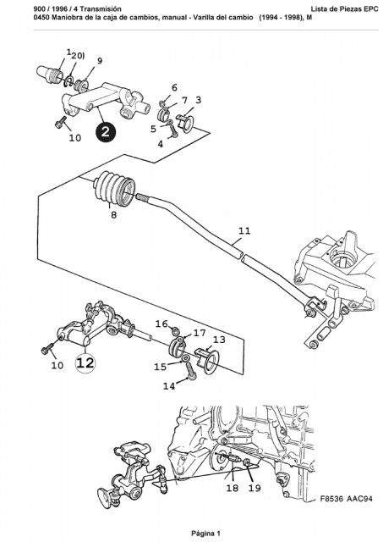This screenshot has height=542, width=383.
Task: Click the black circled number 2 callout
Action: click(x=106, y=132)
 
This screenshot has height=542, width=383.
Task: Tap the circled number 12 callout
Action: click(x=85, y=363)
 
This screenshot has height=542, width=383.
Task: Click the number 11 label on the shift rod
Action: click(x=244, y=230)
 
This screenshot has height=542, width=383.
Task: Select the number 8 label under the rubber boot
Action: click(x=113, y=214)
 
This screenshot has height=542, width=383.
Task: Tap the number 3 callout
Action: click(x=198, y=100)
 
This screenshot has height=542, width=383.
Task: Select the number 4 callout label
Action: click(x=161, y=144)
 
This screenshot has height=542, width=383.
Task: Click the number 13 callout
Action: click(x=219, y=340)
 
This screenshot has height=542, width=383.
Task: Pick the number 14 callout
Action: click(x=169, y=386)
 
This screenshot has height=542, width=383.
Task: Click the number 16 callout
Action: click(x=161, y=324)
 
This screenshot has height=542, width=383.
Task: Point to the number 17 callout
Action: click(x=200, y=333)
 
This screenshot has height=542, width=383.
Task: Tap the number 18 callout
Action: click(x=233, y=488)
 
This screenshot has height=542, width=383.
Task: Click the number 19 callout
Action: click(x=254, y=488)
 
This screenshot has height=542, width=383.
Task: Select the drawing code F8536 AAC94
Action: click(x=346, y=499)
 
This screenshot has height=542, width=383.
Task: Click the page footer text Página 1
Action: click(x=205, y=534)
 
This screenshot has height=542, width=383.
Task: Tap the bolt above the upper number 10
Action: click(x=61, y=122)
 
